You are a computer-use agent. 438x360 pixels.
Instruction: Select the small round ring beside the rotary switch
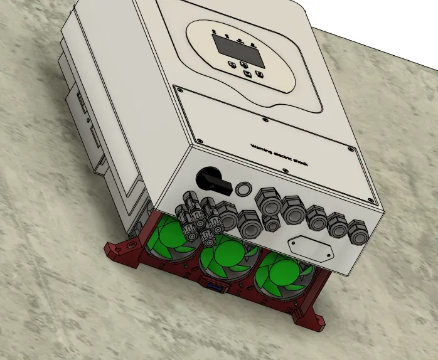point(243,189)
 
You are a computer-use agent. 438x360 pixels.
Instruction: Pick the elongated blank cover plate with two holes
point(309,248)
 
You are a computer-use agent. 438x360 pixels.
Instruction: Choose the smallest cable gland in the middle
point(271,225)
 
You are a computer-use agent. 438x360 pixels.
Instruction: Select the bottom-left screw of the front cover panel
point(199,140)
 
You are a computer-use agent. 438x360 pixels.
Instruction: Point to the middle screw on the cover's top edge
point(257,117)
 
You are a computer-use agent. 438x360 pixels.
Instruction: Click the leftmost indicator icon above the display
point(215,31)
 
